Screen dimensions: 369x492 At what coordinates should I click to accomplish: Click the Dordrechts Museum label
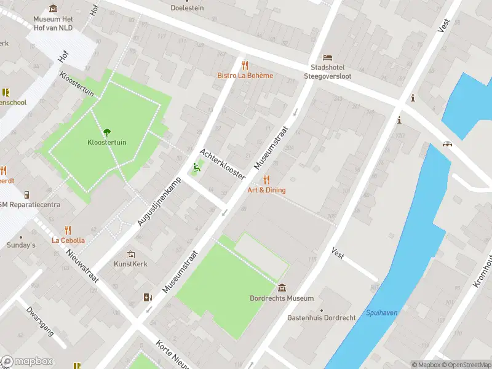point(282,298)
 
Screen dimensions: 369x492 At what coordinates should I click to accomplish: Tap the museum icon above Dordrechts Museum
point(282,288)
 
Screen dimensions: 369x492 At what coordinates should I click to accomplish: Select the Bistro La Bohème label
point(245,76)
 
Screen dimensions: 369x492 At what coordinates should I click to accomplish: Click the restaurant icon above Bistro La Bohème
point(245,65)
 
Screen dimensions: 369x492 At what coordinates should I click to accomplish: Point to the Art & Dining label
point(266,190)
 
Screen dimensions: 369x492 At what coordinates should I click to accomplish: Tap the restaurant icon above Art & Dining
point(266,180)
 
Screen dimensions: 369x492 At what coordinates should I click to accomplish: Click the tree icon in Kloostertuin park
point(107,131)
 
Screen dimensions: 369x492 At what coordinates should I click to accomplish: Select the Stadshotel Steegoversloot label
point(328,72)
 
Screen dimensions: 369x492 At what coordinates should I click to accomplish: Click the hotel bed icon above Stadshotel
point(327,57)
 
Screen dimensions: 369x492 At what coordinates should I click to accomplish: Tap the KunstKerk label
point(130,264)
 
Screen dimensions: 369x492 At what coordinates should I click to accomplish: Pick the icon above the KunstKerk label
point(130,254)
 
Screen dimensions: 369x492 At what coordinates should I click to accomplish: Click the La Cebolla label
point(68,240)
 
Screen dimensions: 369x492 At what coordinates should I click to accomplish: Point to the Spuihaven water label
point(381,313)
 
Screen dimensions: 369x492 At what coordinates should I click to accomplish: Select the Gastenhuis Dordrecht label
point(321,318)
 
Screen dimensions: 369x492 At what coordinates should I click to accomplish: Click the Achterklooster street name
point(222,164)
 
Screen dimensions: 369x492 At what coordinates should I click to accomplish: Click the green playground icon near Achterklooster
point(197,166)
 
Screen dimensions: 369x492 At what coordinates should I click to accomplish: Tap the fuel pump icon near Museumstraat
point(148,298)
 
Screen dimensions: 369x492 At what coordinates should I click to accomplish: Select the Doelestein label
point(186,8)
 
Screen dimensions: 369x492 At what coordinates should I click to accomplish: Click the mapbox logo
point(27,361)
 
